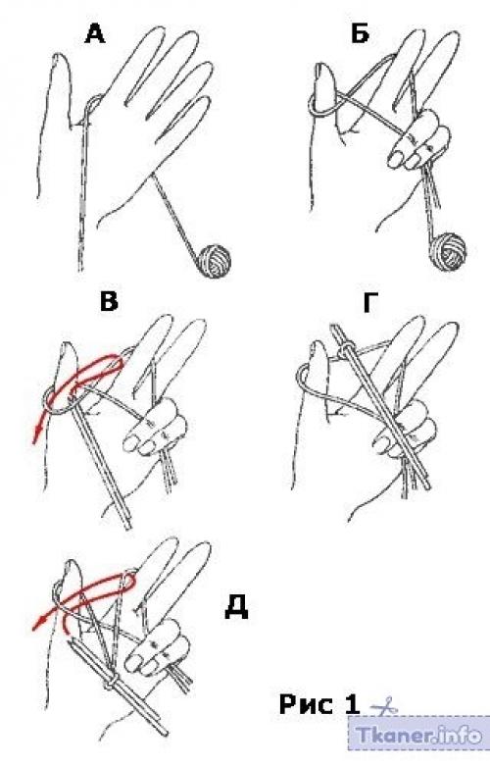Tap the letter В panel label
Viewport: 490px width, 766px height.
point(109,300)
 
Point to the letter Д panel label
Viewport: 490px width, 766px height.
point(236,607)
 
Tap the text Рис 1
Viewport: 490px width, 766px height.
point(319,704)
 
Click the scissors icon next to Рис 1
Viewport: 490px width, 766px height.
point(384,706)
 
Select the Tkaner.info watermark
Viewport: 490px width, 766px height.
point(418,734)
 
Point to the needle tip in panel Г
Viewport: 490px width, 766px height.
point(333,325)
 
